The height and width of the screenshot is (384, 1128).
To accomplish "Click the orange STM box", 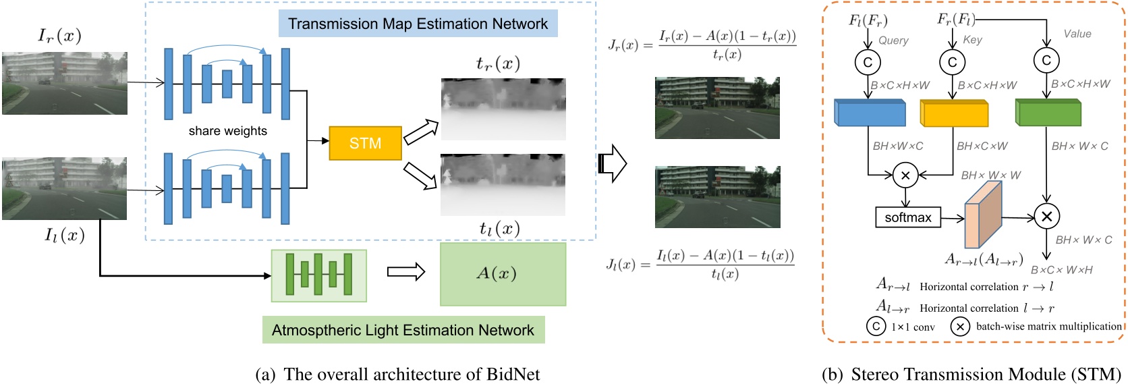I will point(365,143).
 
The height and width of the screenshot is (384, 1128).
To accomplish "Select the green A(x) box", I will point(503,274).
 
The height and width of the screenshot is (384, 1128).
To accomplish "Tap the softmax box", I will point(907,217).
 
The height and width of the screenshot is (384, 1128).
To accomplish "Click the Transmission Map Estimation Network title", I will point(418,24).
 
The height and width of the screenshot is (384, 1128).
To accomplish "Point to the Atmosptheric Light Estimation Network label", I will point(403,330).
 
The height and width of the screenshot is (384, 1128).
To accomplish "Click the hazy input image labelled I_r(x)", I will point(65,83).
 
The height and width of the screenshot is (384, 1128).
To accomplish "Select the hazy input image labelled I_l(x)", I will point(65,188).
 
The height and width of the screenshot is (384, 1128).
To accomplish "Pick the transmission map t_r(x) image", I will point(503,109).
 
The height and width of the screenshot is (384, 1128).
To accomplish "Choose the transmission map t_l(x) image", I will point(503,184).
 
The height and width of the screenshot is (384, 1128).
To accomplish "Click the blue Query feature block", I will point(870,113).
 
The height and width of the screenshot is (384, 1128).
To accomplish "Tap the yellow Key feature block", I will point(954,113).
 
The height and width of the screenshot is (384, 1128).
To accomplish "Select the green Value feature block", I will point(1048,112).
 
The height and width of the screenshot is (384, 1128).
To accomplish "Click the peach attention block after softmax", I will point(983,215).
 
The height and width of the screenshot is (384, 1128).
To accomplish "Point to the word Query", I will point(893,40).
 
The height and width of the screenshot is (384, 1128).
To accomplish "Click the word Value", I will point(1077,34).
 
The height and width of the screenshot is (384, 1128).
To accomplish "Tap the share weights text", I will point(227,131).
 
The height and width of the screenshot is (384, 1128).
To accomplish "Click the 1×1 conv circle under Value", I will point(1046,61).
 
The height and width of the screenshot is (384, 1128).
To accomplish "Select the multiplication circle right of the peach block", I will point(1046,217).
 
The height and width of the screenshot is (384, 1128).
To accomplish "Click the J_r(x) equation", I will point(702,45).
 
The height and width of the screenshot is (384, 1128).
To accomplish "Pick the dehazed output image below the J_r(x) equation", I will point(717,108).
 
